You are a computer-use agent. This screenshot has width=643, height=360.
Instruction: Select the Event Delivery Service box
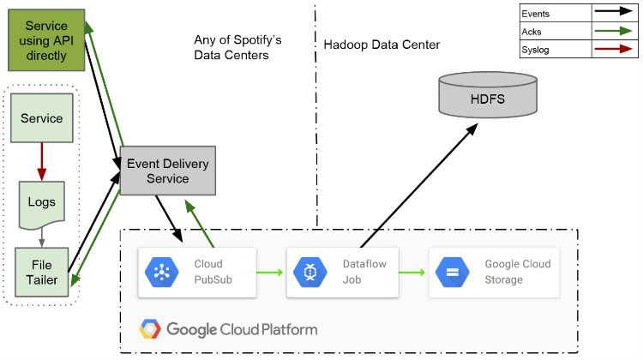(167, 171)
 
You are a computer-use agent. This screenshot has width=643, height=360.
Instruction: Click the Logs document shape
(41, 202)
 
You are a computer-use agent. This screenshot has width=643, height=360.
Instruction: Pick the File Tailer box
(41, 272)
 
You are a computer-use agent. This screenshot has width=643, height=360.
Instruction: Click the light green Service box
(41, 118)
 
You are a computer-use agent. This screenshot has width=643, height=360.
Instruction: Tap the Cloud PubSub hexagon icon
(159, 273)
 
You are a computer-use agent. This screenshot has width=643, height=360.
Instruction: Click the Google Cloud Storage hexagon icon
(452, 273)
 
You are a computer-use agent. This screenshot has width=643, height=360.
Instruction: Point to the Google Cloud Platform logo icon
(151, 329)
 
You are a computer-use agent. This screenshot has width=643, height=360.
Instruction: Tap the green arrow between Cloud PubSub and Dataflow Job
(269, 273)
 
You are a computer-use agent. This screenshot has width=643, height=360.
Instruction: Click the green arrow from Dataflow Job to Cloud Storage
(413, 273)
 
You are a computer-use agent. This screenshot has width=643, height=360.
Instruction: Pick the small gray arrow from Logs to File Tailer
(41, 237)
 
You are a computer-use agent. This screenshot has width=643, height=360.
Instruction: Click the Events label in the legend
(536, 14)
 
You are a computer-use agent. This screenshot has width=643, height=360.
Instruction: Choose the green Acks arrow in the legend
(615, 32)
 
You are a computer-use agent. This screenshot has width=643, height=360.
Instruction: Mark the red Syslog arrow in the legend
(615, 51)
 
